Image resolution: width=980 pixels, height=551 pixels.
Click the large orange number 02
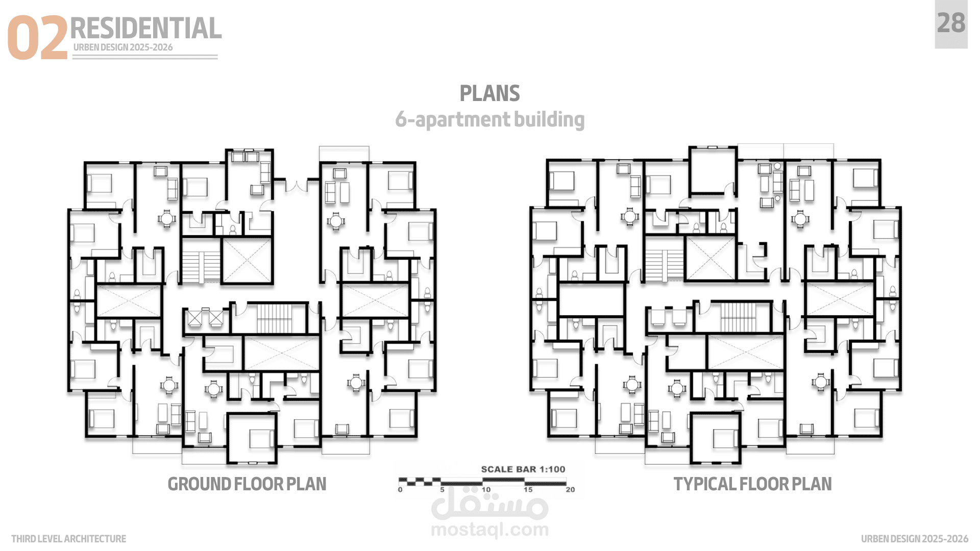coord(37,37)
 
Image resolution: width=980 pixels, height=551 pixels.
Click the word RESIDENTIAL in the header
coord(146,28)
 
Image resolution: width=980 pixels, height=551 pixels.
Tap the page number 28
coord(951,23)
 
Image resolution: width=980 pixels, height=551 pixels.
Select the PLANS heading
coord(489,93)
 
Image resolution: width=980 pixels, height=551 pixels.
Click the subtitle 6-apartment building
coord(490,119)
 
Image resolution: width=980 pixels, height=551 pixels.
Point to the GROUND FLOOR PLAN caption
coord(247,484)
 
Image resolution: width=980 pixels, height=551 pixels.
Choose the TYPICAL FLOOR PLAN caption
coord(752,484)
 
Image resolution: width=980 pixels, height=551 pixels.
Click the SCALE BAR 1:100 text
coord(523,469)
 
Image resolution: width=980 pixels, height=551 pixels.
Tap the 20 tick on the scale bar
coord(570,490)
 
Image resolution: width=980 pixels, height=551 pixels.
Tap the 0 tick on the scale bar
coord(400,490)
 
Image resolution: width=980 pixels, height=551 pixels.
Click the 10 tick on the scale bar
coord(486,490)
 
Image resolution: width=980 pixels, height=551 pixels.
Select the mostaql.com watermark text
coord(490,530)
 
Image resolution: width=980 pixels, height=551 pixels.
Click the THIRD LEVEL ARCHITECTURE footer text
coord(68,539)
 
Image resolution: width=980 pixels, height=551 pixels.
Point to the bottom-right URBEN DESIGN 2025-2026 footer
coord(915,539)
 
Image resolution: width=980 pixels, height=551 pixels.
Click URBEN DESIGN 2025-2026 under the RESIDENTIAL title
coord(123,47)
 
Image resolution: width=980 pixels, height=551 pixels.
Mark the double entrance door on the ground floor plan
coord(296,185)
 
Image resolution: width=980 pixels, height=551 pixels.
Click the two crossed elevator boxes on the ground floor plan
coord(205,318)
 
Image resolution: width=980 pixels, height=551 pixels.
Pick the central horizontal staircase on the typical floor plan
coord(738,316)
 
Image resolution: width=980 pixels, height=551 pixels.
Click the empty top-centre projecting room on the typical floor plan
coord(713,170)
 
